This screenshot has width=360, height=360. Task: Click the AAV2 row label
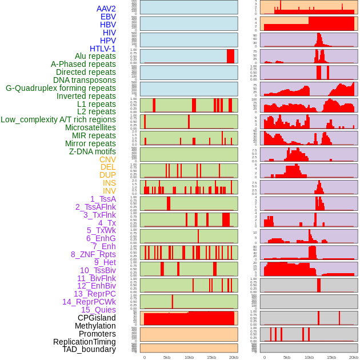click(106, 9)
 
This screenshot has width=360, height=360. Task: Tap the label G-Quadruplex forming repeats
click(61, 88)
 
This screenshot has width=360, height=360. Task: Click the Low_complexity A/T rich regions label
click(58, 119)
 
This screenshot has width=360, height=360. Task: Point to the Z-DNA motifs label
click(93, 151)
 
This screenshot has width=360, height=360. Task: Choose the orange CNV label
click(107, 159)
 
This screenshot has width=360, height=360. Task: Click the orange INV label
click(109, 191)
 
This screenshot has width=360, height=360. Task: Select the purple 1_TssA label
click(103, 199)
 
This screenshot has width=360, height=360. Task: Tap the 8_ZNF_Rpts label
click(93, 254)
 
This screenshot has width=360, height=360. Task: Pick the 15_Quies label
click(98, 310)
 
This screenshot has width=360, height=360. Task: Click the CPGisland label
click(97, 318)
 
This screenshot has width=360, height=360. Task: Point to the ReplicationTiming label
click(85, 342)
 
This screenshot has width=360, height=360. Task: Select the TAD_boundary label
click(89, 349)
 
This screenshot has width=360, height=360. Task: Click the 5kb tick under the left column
click(167, 357)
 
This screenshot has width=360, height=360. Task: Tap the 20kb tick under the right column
click(354, 357)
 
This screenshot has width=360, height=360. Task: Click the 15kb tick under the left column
click(211, 357)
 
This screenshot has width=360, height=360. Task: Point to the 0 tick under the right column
click(264, 357)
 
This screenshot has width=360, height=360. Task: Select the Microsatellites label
click(90, 127)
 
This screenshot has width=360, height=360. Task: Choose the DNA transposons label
click(85, 80)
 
